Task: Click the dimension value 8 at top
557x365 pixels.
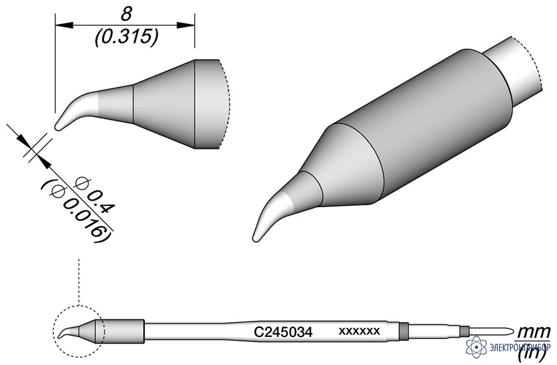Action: (126, 14)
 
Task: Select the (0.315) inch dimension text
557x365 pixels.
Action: (127, 37)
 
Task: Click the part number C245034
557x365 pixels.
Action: (283, 333)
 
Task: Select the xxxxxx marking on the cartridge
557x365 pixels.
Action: (360, 331)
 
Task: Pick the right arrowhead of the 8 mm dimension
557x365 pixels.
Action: (186, 25)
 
